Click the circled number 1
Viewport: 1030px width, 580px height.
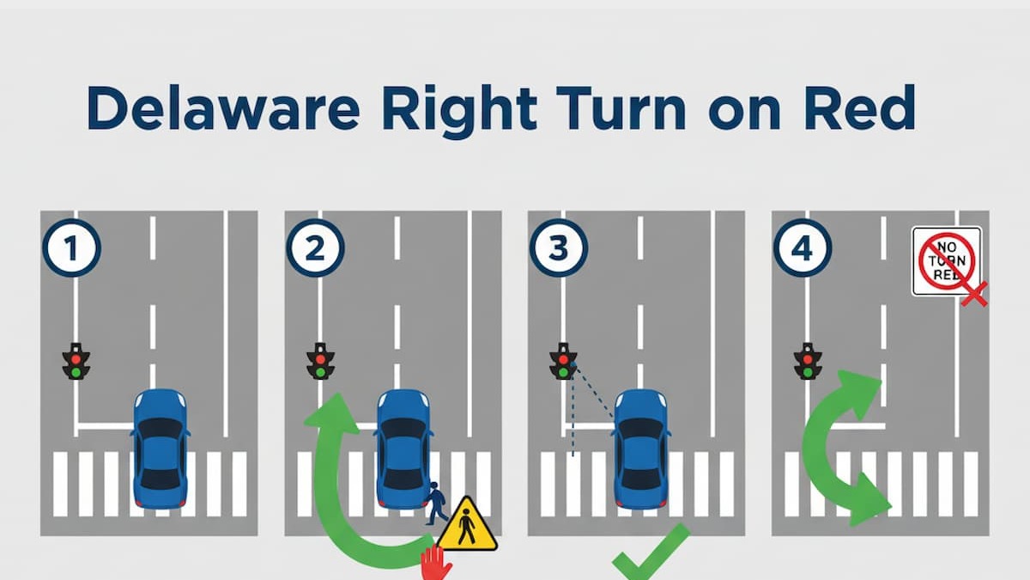pos(72,249)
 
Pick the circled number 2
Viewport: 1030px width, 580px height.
pos(315,249)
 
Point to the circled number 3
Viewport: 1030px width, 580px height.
pos(559,249)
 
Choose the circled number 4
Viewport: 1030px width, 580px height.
pos(802,249)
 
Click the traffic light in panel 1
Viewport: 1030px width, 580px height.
pos(76,361)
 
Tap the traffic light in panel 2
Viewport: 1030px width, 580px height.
pos(320,361)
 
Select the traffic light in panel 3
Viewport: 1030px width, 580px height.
pos(563,361)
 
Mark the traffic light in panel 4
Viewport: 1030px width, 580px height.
pos(807,361)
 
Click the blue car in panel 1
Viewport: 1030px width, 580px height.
pos(160,448)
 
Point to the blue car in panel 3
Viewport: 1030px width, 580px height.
pos(641,448)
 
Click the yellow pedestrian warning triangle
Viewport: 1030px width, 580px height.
pos(466,526)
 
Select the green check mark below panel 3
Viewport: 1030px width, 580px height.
pos(650,556)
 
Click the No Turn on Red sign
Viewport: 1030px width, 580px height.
pos(947,261)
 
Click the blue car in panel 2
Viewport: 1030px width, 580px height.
pos(403,448)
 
